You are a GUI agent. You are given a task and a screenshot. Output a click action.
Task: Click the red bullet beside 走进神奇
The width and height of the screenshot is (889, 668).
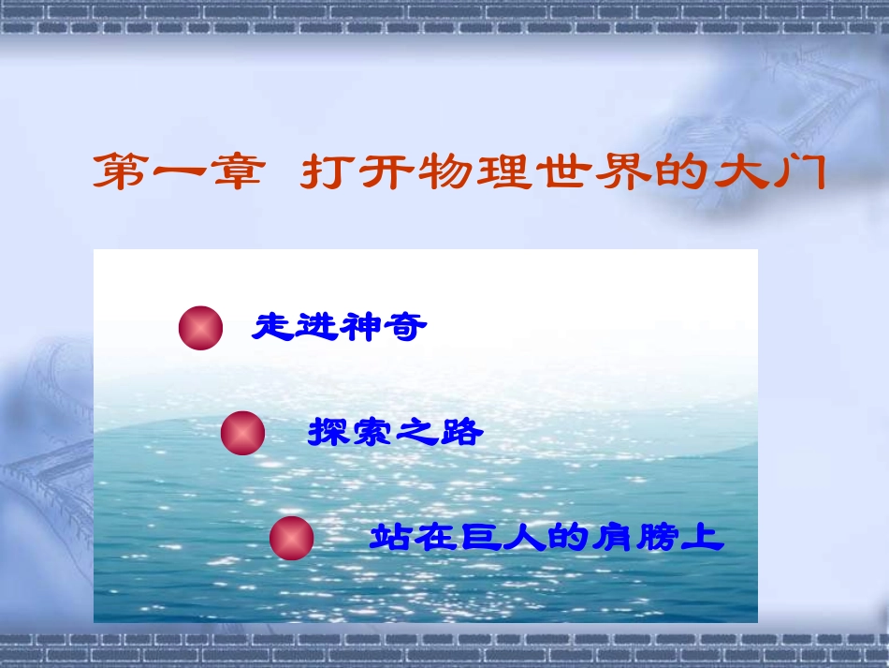[x=200, y=328]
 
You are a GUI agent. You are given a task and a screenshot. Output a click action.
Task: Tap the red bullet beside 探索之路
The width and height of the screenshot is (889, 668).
[x=242, y=433]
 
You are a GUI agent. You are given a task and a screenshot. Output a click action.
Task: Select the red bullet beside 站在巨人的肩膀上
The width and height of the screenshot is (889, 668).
[x=291, y=539]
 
